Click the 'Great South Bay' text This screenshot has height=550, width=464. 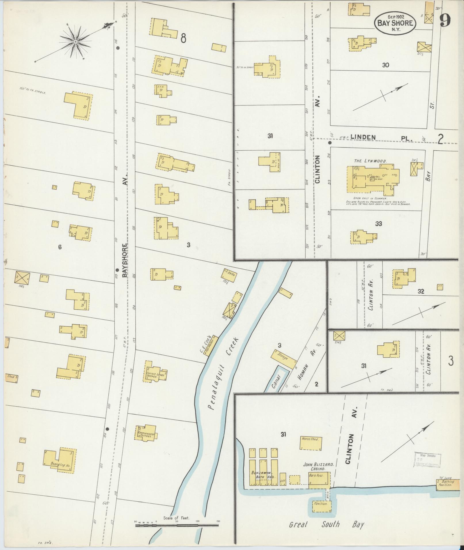326,524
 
